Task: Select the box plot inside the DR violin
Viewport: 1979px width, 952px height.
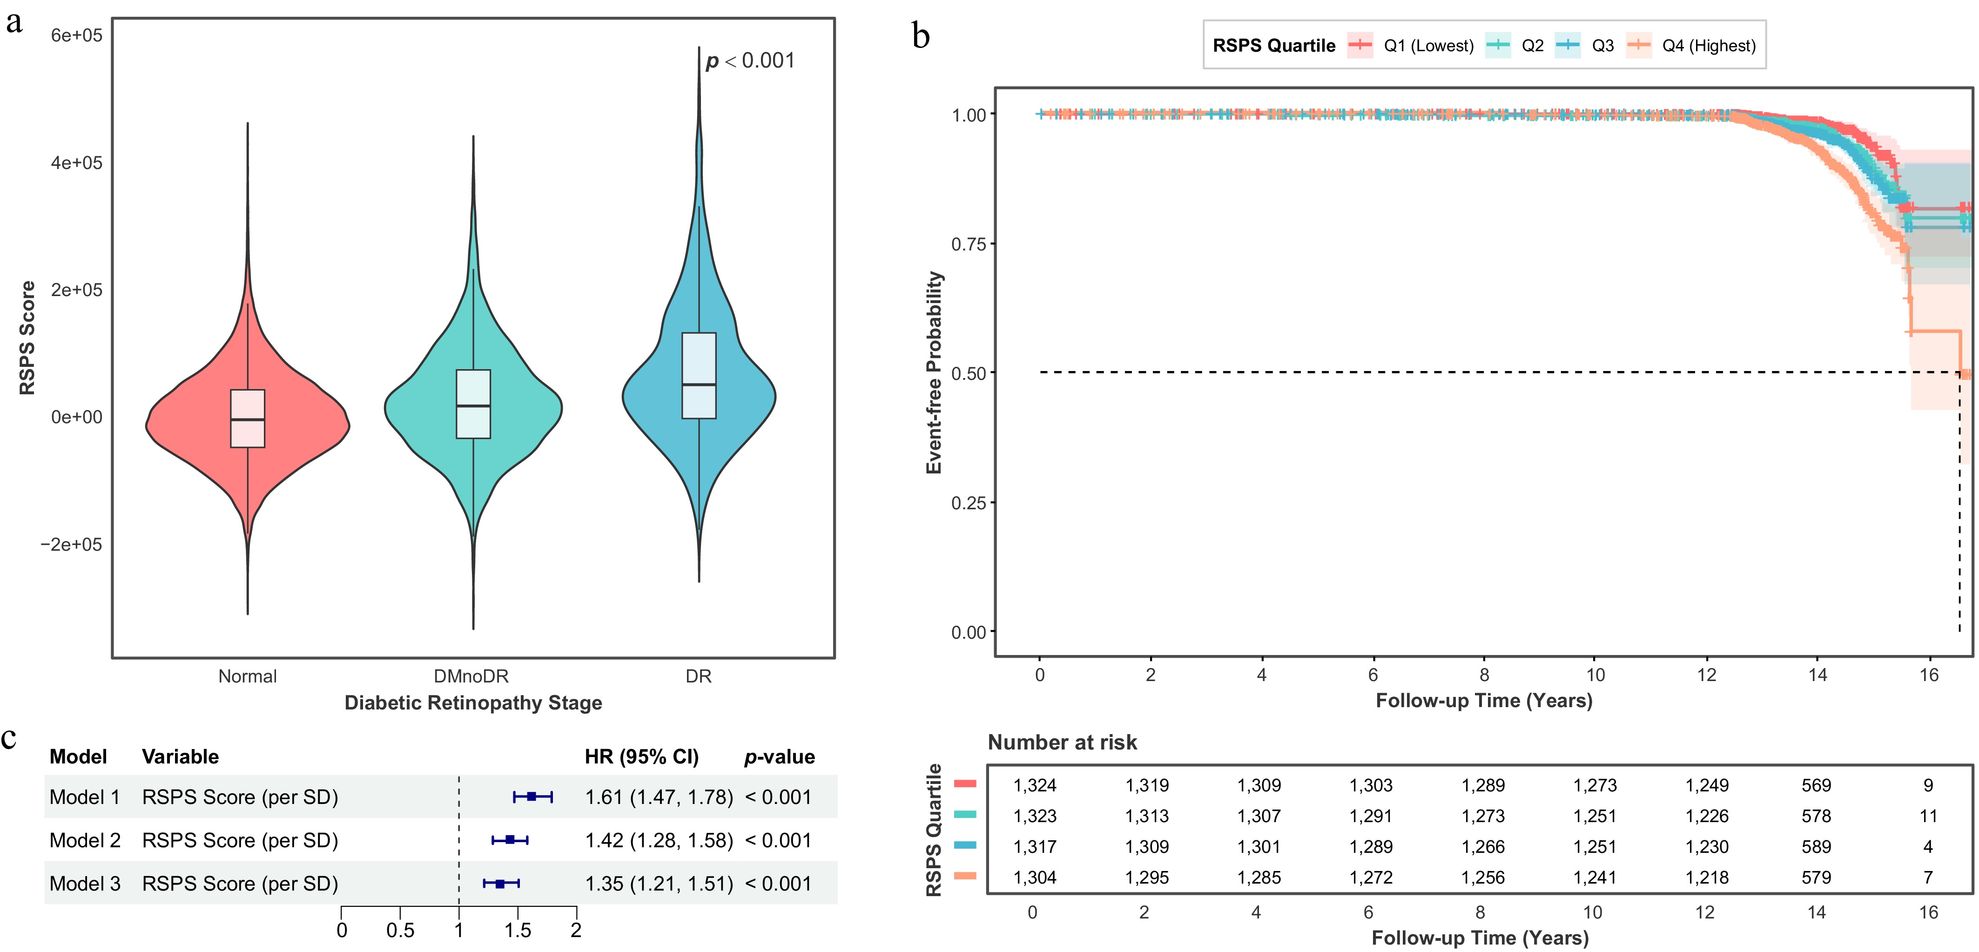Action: pos(698,376)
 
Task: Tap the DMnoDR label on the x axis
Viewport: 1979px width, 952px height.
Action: pos(471,676)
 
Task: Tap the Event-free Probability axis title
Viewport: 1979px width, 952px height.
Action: pos(934,373)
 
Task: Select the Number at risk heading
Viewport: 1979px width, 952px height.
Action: pos(1062,742)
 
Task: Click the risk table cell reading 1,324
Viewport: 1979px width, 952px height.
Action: pos(1034,785)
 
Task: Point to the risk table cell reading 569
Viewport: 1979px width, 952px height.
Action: pos(1816,785)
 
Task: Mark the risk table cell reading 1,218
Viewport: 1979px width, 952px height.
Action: pos(1706,878)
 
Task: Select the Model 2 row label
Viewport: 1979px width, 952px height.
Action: pos(85,841)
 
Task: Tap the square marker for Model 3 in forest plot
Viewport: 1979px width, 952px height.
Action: pos(500,884)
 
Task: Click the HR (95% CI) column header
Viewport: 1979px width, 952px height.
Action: pos(641,757)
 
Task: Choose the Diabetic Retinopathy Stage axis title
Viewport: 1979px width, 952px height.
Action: pos(472,703)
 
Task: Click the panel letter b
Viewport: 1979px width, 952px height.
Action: pos(921,36)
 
